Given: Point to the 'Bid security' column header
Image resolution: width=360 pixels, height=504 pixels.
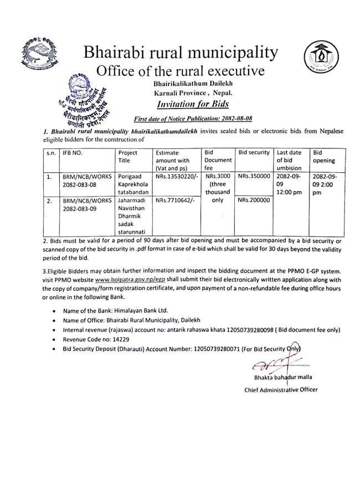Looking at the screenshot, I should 254,152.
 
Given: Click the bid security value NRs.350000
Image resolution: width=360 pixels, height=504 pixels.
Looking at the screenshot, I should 254,175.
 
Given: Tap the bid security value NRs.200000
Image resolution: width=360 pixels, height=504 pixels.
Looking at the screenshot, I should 254,200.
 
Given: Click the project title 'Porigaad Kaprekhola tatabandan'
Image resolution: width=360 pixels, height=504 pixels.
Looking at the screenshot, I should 131,183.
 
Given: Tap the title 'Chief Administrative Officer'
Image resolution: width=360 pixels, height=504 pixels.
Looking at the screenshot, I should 281,389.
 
